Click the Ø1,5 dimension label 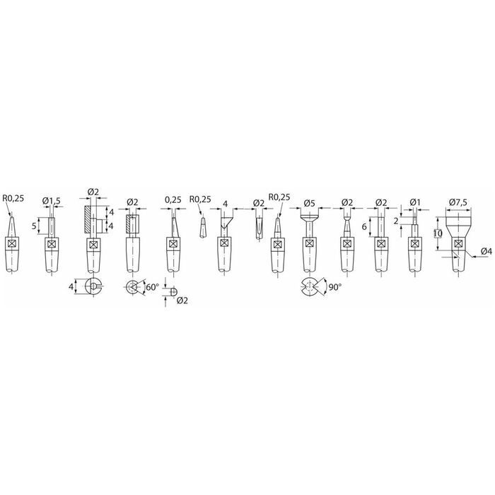51,201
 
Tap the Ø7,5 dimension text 458,202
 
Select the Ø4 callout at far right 487,251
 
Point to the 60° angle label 153,287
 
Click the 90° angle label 335,287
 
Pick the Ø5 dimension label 310,204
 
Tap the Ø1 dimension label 415,202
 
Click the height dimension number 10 438,233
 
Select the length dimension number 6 364,226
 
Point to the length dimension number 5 34,226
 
